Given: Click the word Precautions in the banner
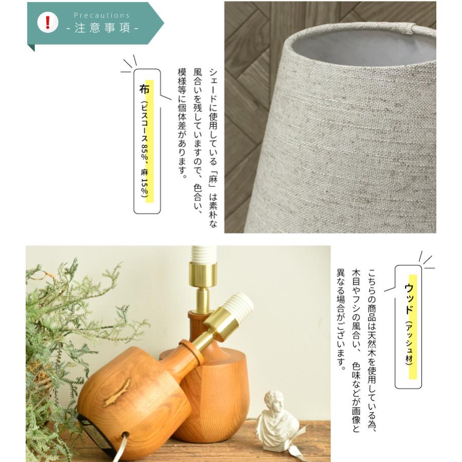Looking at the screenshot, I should tap(102, 15).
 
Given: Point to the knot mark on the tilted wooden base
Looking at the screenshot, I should tap(117, 393).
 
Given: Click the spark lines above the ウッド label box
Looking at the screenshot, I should tap(426, 259).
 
